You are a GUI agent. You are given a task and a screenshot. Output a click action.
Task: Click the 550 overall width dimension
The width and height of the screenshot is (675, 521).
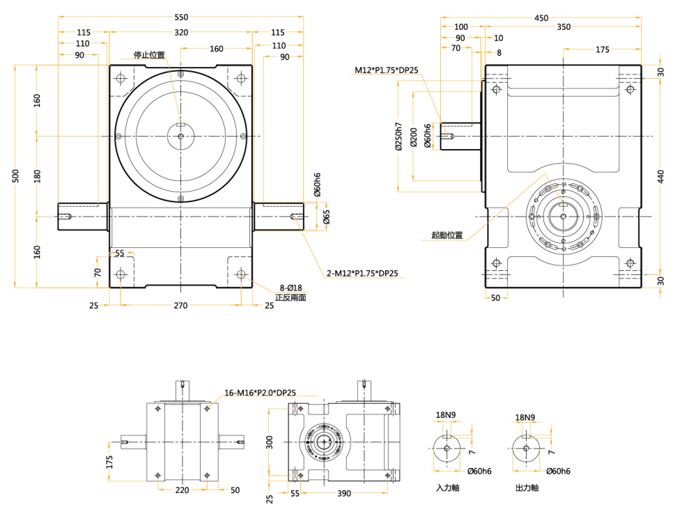coord(181,17)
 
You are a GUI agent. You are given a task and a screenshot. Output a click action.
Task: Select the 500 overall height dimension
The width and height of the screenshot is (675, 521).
coord(15,176)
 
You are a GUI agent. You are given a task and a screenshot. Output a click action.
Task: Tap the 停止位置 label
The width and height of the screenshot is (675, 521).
coord(149,55)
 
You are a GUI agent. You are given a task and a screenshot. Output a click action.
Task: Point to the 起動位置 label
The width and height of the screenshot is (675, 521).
coord(447,235)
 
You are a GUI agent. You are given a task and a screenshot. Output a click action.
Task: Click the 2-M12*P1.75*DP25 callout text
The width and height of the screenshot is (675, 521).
coord(362,273)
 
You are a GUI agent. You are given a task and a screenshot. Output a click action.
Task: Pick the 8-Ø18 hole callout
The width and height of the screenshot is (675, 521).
coord(291,288)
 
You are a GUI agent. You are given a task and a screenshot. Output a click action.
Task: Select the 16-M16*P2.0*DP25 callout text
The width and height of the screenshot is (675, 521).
coord(260,393)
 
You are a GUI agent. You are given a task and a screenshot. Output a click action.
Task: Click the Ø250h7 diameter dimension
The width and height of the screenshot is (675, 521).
coord(398,136)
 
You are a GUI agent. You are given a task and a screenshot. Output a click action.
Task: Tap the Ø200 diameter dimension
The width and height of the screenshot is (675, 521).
coord(414,137)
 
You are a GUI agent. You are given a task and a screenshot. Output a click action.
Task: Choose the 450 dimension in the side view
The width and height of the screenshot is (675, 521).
coord(541,17)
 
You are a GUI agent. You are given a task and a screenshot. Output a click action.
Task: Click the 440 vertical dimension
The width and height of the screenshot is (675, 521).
coord(661,176)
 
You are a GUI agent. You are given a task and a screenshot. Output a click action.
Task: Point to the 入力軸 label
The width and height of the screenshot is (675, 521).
coord(448,488)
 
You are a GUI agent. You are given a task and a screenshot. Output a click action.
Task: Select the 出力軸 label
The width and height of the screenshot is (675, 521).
coord(527,488)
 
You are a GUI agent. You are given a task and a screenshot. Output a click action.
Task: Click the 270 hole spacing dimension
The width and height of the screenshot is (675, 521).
coord(181,305)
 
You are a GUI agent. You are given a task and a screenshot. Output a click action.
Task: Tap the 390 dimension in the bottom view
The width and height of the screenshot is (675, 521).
coord(344,493)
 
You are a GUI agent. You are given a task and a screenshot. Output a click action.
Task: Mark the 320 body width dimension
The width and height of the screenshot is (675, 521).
coord(181,32)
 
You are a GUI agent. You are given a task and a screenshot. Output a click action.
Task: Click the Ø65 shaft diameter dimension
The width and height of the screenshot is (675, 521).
coord(327,217)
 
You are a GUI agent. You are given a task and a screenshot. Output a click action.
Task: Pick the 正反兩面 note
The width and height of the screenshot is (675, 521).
coord(290,297)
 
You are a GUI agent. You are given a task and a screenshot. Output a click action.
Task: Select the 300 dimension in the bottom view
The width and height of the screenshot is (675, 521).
coord(270,442)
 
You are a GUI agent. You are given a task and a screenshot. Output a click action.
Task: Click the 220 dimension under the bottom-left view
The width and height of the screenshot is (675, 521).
coord(182,490)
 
